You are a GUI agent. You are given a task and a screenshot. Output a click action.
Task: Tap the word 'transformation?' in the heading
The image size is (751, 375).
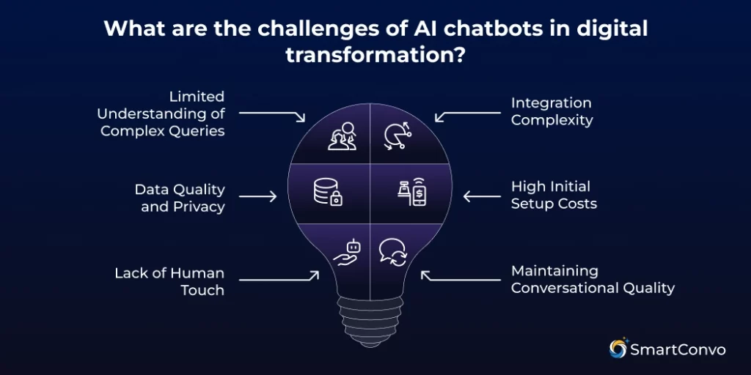pos(375,55)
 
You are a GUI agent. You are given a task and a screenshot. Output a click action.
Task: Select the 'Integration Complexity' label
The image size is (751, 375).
pos(552,111)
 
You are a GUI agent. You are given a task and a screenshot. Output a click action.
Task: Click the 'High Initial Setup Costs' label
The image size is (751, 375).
pos(554,196)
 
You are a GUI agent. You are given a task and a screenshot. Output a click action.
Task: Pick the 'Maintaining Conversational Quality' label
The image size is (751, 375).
pos(592,280)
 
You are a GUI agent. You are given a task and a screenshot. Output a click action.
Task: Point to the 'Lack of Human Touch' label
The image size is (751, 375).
pos(169,281)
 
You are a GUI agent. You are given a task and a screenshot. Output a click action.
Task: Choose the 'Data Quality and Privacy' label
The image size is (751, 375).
pos(180,198)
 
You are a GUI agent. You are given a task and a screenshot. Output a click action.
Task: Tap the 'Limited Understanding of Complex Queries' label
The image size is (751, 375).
pos(161,114)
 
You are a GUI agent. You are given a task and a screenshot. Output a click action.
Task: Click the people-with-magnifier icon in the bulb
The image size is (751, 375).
pos(342,135)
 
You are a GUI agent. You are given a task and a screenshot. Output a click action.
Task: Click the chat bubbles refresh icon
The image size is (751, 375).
pos(394,253)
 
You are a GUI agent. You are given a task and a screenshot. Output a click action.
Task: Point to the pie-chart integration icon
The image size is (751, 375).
pos(397,136)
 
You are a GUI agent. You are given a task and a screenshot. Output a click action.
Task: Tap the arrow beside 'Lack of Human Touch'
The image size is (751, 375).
pos(279,278)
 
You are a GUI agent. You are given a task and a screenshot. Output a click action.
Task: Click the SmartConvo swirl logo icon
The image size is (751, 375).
pos(618,349)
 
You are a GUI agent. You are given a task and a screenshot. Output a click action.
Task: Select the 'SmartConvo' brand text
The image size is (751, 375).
pos(678,349)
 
